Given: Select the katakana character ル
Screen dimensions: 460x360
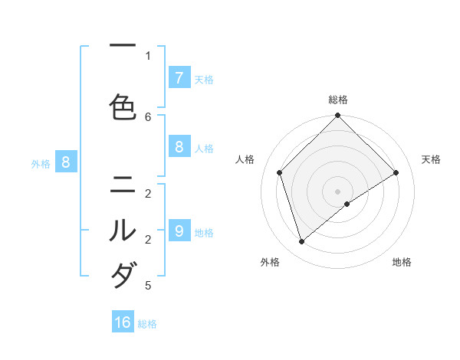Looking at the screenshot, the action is (x=123, y=229).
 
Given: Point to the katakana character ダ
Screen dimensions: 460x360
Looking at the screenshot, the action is (x=123, y=273).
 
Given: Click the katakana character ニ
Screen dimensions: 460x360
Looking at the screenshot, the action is (x=123, y=184).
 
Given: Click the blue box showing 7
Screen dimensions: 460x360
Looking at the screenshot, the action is (x=179, y=78).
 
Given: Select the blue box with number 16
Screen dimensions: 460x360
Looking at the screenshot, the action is (x=123, y=322).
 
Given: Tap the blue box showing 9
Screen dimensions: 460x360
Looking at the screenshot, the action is (x=179, y=231).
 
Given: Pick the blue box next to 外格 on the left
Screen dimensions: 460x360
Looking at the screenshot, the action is (x=66, y=162).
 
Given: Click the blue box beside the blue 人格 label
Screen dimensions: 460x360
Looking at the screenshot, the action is (x=179, y=147).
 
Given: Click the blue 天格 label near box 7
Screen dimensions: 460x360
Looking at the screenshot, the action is (x=204, y=79).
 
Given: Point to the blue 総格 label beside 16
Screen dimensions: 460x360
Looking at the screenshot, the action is (x=147, y=324).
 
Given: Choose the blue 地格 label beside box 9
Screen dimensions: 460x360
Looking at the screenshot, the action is (x=204, y=232).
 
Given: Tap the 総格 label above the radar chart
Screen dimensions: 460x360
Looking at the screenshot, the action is (x=338, y=100).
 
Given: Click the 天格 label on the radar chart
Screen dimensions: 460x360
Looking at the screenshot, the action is (x=431, y=159).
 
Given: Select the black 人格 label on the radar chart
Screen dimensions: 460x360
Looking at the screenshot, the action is (x=245, y=159).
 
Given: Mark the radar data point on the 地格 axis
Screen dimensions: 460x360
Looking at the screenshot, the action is (x=347, y=204).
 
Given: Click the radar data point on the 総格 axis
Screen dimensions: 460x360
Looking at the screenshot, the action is (x=338, y=116).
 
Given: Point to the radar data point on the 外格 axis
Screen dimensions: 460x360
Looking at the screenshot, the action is (x=302, y=242).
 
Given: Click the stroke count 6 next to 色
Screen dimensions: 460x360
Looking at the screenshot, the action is (x=148, y=116).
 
